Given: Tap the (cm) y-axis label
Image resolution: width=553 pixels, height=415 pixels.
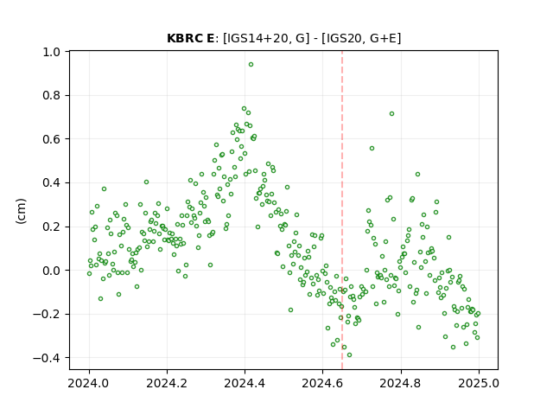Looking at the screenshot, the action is [x=21, y=211].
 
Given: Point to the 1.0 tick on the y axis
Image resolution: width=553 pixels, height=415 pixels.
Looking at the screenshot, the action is [x=52, y=52].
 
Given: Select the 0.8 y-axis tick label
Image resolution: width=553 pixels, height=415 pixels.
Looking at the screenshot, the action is [x=52, y=96].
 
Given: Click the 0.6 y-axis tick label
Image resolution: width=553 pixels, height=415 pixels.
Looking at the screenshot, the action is [x=52, y=139].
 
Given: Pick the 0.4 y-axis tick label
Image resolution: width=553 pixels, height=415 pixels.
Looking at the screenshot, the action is [x=52, y=183].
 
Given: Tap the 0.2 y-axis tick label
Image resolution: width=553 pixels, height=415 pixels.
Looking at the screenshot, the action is [x=52, y=227].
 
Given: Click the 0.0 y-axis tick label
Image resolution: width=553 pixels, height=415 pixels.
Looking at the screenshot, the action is [x=52, y=271].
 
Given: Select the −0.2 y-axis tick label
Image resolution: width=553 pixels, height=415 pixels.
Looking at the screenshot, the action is [x=48, y=315].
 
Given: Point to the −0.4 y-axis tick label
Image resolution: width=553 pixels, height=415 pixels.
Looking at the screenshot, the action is [x=48, y=358].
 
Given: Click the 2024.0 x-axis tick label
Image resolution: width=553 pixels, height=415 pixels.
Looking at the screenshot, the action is [x=89, y=383].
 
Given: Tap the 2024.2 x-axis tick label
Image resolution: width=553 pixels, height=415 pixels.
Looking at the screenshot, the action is [x=167, y=383].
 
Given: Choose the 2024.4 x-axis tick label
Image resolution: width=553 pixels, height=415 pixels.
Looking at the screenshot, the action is [x=245, y=383].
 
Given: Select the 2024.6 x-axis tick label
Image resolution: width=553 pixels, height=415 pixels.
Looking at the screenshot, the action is [x=322, y=383].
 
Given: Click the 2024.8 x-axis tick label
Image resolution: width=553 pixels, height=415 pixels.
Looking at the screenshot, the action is [x=400, y=383].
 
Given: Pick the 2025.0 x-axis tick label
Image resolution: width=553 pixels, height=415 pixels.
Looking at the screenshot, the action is [x=479, y=383].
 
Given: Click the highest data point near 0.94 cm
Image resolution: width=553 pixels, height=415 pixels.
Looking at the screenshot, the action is [x=251, y=65].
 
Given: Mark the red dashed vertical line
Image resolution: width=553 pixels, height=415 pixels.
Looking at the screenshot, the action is [x=342, y=210].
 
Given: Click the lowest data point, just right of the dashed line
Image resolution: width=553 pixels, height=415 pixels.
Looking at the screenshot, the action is [x=349, y=355].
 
